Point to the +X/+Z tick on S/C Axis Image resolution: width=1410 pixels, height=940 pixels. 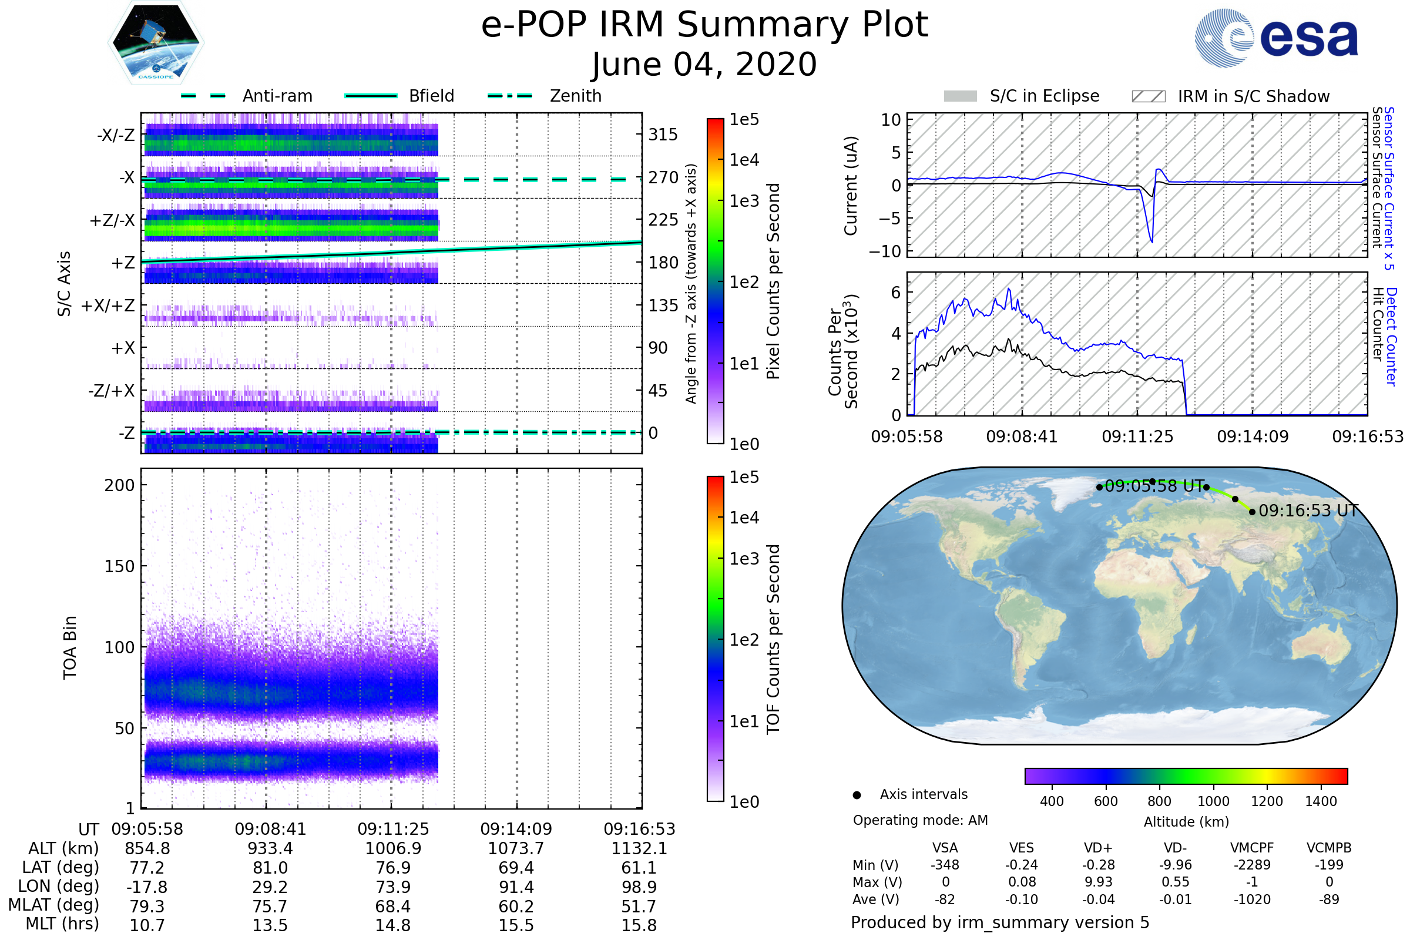[108, 305]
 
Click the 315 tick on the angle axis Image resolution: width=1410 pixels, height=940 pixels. [663, 135]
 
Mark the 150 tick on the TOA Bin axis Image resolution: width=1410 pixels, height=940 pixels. [119, 566]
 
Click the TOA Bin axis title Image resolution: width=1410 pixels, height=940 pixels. [70, 647]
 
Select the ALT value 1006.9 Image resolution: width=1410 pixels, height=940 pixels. [393, 849]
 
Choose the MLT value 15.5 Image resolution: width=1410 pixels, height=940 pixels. [516, 925]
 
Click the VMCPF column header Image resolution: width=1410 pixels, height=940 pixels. [1252, 848]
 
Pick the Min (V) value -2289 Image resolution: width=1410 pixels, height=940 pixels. [1252, 865]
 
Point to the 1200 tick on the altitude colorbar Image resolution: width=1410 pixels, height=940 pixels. [1267, 801]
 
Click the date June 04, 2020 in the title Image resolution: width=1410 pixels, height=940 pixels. [704, 64]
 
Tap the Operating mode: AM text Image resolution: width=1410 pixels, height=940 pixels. [920, 820]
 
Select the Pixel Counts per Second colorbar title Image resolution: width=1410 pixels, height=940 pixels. [773, 281]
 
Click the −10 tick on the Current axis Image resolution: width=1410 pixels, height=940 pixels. [885, 251]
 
